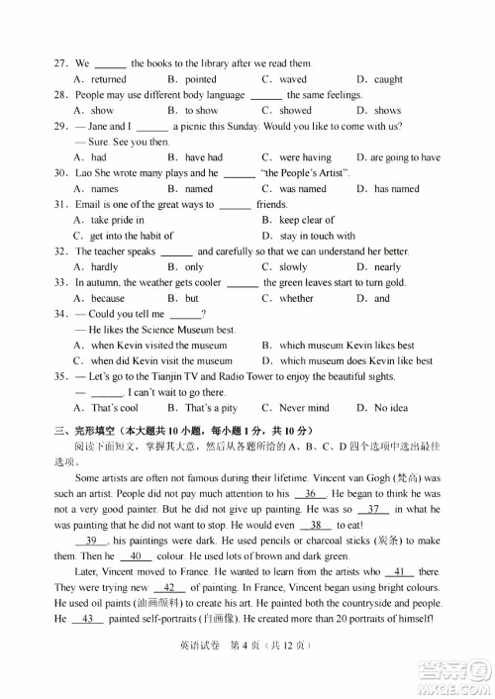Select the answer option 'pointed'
coord(200,79)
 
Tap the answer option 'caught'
coord(387,79)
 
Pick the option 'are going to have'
coord(405,157)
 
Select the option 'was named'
coord(302,189)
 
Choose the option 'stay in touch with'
coord(317,236)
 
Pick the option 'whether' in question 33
coord(296,298)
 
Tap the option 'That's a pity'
coord(211,408)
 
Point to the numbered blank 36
coord(310,493)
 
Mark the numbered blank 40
coord(139,555)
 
